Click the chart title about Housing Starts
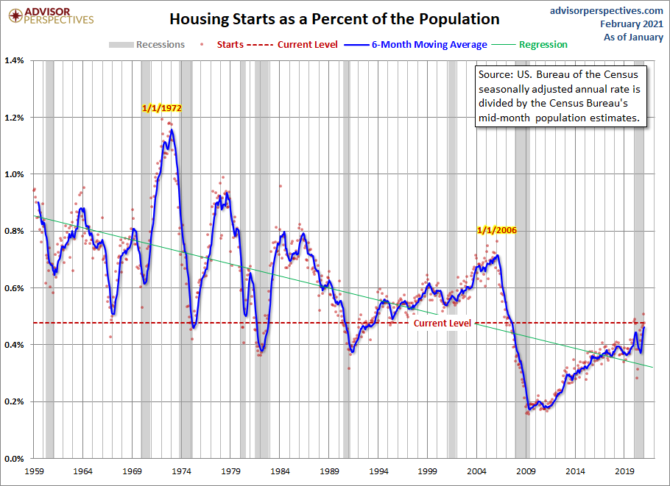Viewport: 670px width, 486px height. pos(335,19)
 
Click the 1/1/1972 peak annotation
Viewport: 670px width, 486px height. pos(161,107)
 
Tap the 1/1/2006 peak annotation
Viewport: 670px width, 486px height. pos(497,229)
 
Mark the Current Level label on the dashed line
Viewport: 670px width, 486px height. pos(442,324)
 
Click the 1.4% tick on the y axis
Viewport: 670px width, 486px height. pos(15,60)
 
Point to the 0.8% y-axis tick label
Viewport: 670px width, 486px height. pos(15,231)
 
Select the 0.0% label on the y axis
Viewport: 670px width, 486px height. pos(15,459)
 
